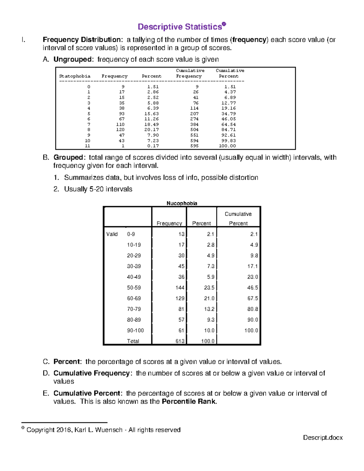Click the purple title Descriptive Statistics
(x=180, y=27)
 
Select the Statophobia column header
(x=75, y=76)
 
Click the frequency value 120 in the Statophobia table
(x=120, y=130)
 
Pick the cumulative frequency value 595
(x=194, y=146)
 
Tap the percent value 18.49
(x=151, y=124)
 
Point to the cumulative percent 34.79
(x=228, y=114)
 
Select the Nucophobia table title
(x=182, y=203)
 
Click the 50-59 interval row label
(x=134, y=288)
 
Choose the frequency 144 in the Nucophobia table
(x=180, y=288)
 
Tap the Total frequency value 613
(x=180, y=341)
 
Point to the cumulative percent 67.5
(x=252, y=298)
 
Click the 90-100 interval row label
(x=135, y=331)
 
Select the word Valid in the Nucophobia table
(x=112, y=234)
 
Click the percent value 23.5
(x=209, y=288)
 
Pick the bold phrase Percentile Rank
(x=189, y=402)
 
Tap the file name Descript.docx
(x=323, y=438)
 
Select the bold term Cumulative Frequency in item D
(x=92, y=373)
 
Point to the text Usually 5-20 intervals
(x=98, y=189)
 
